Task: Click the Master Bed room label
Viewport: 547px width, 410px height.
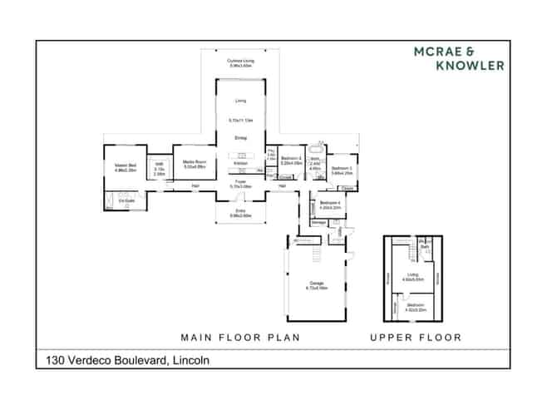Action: coord(126,165)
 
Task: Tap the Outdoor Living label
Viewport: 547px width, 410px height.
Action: coord(240,62)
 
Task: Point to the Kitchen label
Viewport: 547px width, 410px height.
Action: coord(240,163)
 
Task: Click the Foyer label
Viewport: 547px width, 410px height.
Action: coord(240,180)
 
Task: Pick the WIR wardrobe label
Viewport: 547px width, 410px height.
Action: coord(158,165)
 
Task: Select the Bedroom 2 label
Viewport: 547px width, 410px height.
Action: coord(290,158)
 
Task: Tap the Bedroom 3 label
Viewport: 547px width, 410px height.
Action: coord(342,169)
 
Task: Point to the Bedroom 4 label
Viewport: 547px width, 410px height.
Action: coord(329,202)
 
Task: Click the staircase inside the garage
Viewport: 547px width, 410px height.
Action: coord(315,249)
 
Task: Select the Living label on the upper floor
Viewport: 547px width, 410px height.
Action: coord(409,276)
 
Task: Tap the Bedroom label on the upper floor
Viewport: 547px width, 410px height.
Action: coord(415,305)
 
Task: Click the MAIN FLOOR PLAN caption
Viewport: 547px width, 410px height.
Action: coord(240,338)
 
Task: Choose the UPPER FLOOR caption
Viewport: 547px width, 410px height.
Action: coord(416,338)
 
